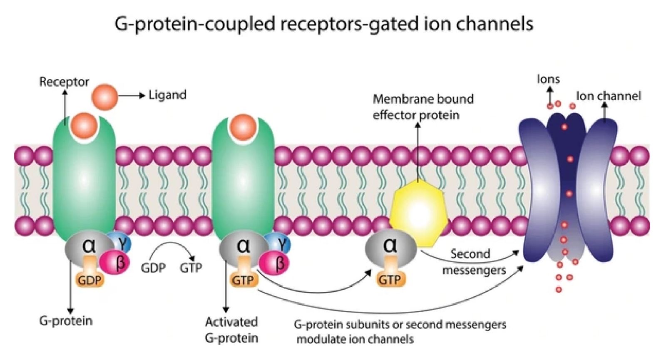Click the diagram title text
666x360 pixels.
tap(324, 24)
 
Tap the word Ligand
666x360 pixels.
tap(167, 95)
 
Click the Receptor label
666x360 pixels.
tap(64, 82)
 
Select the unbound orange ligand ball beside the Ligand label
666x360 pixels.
tap(105, 96)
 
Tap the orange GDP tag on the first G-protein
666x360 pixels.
tap(89, 280)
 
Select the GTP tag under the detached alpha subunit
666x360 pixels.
tap(390, 280)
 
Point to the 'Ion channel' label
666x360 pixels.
tap(608, 96)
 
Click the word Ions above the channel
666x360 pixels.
tap(548, 79)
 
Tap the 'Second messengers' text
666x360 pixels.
tap(473, 262)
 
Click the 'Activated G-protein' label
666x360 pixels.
tap(231, 330)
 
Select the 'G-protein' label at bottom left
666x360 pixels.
tap(66, 321)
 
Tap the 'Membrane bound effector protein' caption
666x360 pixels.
tap(423, 107)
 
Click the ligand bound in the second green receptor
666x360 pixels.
tap(243, 125)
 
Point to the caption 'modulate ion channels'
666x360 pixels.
tap(355, 339)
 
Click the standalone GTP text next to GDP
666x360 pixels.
tap(191, 268)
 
